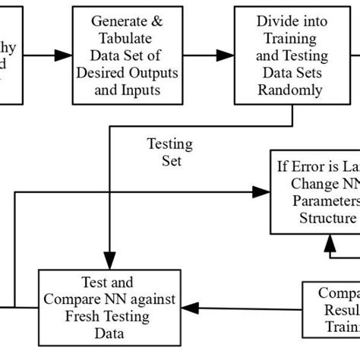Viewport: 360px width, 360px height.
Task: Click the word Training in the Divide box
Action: pyautogui.click(x=292, y=38)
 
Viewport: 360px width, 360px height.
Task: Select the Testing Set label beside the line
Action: pyautogui.click(x=169, y=151)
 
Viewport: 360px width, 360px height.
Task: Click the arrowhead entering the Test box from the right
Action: pyautogui.click(x=193, y=307)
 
